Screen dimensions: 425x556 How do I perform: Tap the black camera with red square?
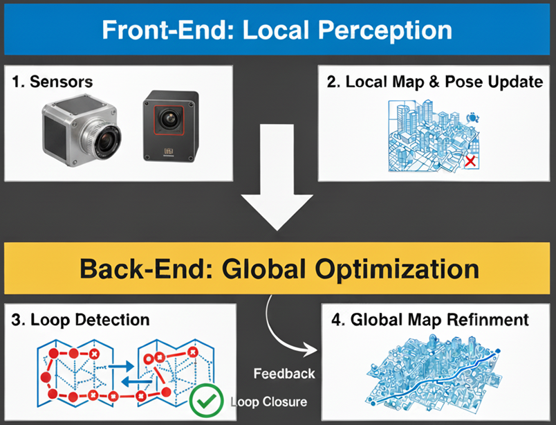coord(170,126)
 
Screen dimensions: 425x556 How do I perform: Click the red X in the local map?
coord(470,161)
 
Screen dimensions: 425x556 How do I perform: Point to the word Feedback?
coord(284,374)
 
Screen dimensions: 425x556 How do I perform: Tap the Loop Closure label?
coord(269,401)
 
